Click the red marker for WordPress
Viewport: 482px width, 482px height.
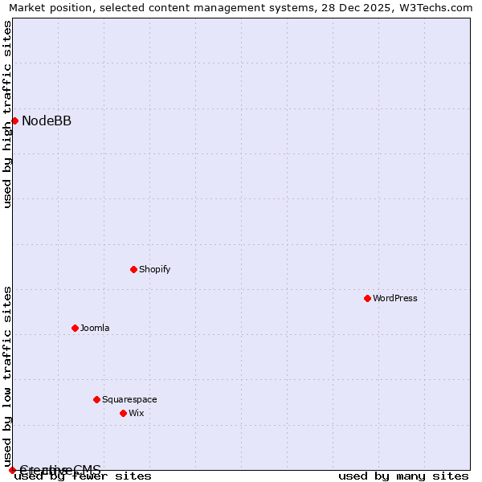coord(367,298)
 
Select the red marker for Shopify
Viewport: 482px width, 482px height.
coord(133,269)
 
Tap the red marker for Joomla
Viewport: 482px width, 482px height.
coord(75,328)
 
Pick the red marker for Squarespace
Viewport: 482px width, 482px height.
coord(96,399)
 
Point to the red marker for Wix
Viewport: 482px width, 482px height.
coord(123,413)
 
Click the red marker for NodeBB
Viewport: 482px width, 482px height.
coord(14,120)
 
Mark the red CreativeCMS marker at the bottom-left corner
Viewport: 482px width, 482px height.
coord(12,470)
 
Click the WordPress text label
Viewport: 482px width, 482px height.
coord(395,298)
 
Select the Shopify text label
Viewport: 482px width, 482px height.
coord(154,269)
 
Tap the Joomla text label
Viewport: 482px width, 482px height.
coord(95,328)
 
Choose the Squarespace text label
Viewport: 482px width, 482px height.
coord(129,399)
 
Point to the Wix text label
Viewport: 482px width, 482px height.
coord(137,413)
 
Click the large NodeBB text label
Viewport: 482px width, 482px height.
coord(47,121)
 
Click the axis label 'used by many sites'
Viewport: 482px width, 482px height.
coord(403,476)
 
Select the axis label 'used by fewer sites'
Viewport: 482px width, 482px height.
coord(84,476)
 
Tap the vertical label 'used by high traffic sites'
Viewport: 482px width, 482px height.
coord(7,114)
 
